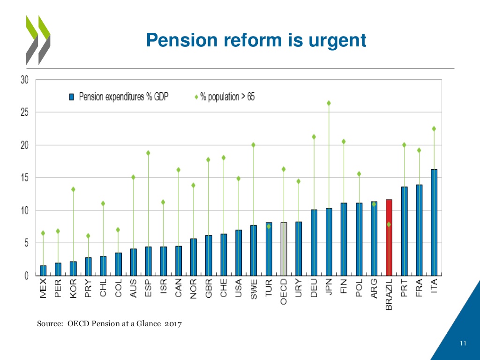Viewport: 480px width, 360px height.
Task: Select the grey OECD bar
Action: pyautogui.click(x=284, y=249)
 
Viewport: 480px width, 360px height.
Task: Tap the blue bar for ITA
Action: pyautogui.click(x=434, y=222)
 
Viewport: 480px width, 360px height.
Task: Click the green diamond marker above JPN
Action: pyautogui.click(x=329, y=103)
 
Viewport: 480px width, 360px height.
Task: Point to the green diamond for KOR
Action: pyautogui.click(x=73, y=189)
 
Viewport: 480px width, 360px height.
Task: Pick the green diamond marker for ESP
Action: pyautogui.click(x=148, y=153)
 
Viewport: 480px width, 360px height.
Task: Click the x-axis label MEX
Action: pyautogui.click(x=43, y=287)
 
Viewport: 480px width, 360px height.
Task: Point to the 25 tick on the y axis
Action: pyautogui.click(x=24, y=112)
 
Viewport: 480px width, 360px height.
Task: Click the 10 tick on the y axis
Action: pyautogui.click(x=24, y=210)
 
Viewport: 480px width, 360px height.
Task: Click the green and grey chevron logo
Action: pyautogui.click(x=38, y=39)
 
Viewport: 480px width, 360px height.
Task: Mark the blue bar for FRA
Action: pyautogui.click(x=419, y=230)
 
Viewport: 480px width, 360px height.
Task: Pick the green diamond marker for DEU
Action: pyautogui.click(x=314, y=137)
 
